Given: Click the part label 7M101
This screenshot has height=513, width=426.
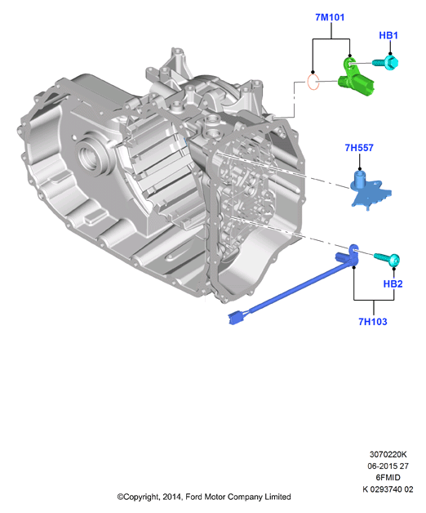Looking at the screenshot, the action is [x=330, y=17].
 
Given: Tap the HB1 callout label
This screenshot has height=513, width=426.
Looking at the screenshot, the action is [x=388, y=35].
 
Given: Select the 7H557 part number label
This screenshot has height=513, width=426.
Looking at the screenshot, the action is [x=359, y=148].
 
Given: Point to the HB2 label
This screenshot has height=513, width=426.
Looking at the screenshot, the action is [x=393, y=283].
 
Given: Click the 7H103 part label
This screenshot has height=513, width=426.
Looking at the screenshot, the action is [x=373, y=322].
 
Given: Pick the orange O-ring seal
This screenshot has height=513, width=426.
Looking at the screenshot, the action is [x=313, y=82].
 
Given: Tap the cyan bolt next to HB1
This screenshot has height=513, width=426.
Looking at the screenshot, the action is [x=386, y=62].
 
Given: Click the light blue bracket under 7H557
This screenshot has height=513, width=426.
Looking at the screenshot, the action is [x=369, y=191].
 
